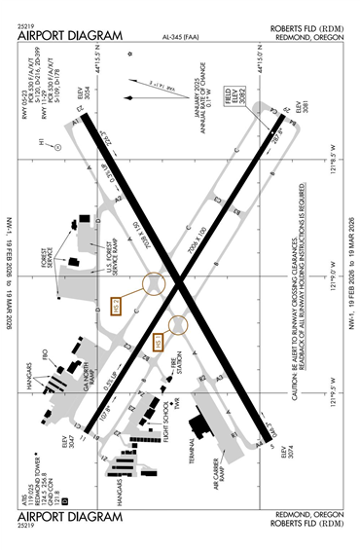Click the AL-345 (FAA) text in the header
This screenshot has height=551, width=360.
point(178,40)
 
